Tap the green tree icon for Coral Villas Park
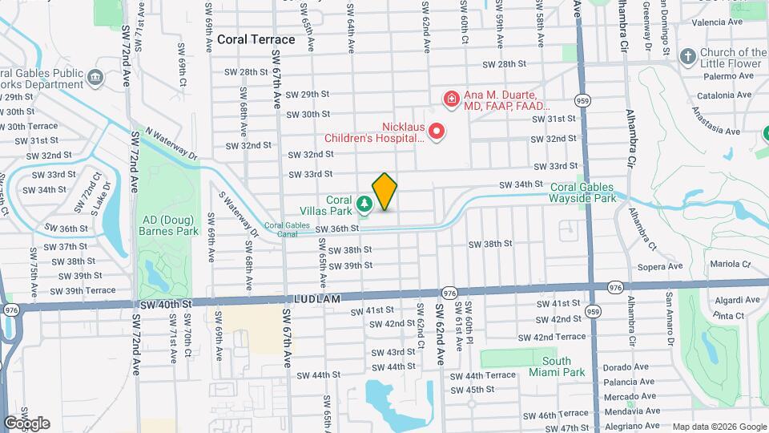[364, 206]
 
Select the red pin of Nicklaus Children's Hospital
[437, 130]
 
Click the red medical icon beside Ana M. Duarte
[452, 99]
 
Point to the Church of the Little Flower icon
[686, 57]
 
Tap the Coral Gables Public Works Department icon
[95, 77]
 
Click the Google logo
[26, 423]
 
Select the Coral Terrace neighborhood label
[256, 39]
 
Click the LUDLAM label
[323, 299]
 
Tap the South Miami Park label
[556, 366]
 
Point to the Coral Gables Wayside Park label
[583, 192]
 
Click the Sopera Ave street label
[660, 266]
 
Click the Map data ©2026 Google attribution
[719, 427]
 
